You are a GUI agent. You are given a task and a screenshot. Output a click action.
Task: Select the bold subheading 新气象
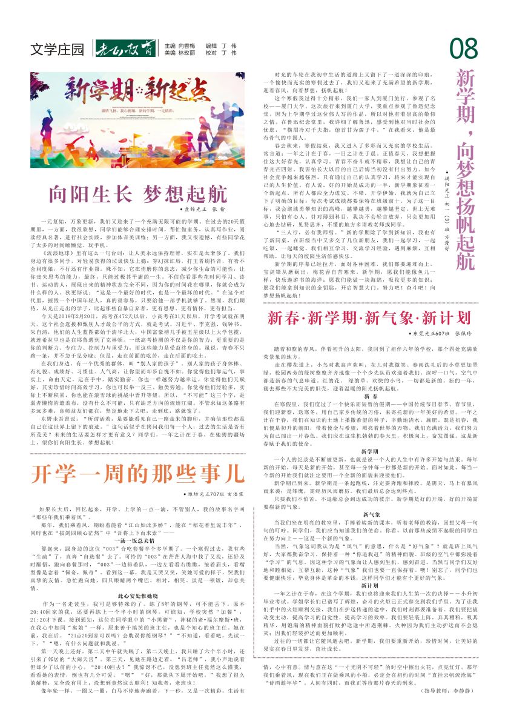pos(371,514)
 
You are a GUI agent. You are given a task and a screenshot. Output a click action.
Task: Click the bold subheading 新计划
pos(371,585)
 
